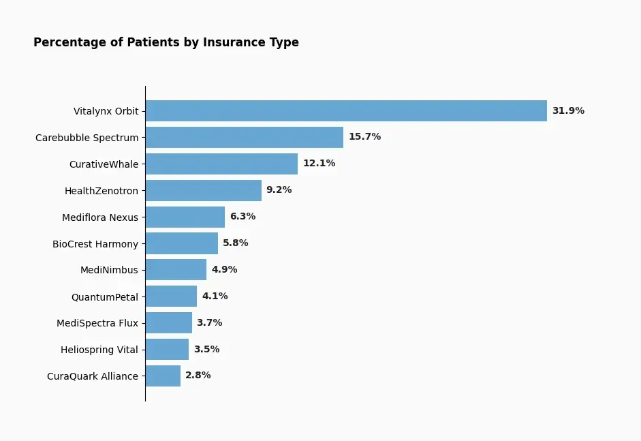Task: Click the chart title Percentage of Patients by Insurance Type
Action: (166, 42)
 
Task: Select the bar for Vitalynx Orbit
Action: (346, 111)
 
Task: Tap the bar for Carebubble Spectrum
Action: (245, 138)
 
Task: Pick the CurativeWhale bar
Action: (221, 164)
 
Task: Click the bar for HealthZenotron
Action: (204, 191)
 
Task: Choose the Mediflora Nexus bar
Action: (185, 217)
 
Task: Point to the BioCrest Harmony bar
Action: (182, 243)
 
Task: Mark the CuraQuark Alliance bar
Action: (163, 376)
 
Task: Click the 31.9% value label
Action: (568, 110)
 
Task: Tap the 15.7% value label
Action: (364, 136)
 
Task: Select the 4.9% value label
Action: (224, 270)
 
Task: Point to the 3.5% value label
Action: (206, 350)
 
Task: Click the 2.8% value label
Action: (198, 375)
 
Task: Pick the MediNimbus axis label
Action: (109, 270)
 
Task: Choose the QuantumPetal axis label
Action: (105, 297)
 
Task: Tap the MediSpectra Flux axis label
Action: (97, 323)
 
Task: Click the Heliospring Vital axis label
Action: (99, 350)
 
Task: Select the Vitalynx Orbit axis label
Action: (106, 111)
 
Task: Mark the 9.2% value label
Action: (279, 189)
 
